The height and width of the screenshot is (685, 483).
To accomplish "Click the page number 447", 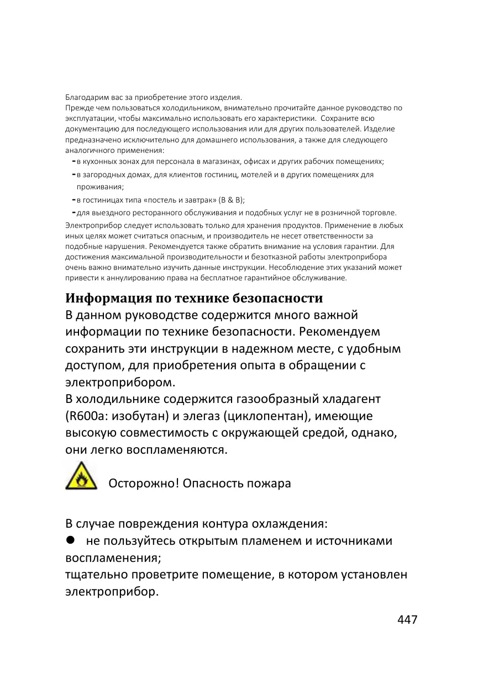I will (x=407, y=619).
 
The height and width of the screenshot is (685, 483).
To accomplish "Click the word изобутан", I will (x=138, y=416).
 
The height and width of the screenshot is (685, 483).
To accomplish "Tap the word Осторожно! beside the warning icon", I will (x=143, y=484).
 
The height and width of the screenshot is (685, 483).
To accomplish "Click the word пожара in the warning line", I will (x=270, y=484).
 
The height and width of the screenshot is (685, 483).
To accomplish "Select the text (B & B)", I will (x=232, y=200).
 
